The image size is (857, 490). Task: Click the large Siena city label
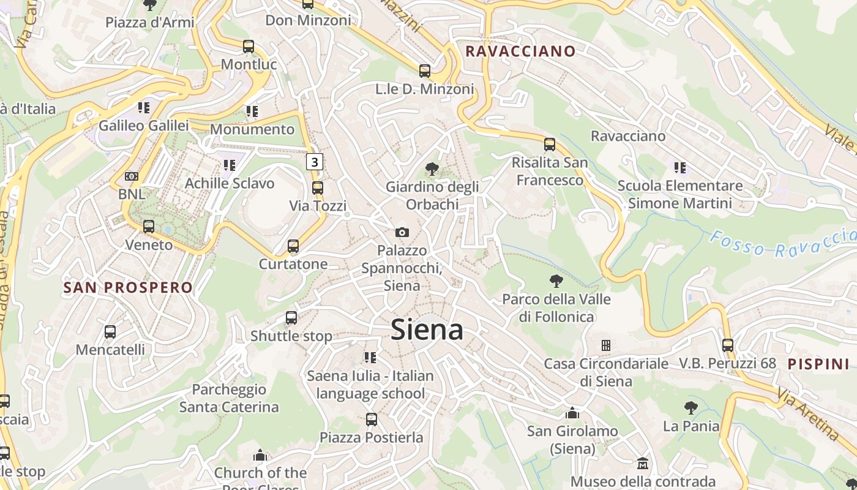(427, 330)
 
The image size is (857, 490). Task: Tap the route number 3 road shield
(314, 162)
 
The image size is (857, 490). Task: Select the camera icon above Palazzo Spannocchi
(402, 232)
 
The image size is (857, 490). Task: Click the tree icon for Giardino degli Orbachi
(432, 168)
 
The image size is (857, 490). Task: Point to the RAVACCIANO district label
(521, 51)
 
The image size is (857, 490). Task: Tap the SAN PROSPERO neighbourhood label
(128, 287)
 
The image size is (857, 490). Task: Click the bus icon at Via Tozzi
(317, 188)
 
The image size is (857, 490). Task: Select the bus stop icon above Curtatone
(293, 246)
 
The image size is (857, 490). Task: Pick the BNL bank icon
(132, 176)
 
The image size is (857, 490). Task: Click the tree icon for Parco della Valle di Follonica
(556, 281)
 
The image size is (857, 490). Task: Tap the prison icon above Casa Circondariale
(606, 345)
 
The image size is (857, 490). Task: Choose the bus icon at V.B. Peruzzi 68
(727, 345)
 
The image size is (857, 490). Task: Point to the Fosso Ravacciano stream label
(784, 243)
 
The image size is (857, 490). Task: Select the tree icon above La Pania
(691, 407)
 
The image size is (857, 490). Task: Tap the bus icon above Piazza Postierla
(371, 420)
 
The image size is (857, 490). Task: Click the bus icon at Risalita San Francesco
(550, 145)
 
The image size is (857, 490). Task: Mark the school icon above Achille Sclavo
(230, 165)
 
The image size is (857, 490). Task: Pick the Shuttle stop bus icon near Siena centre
(291, 318)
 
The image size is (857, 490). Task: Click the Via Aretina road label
(809, 414)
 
